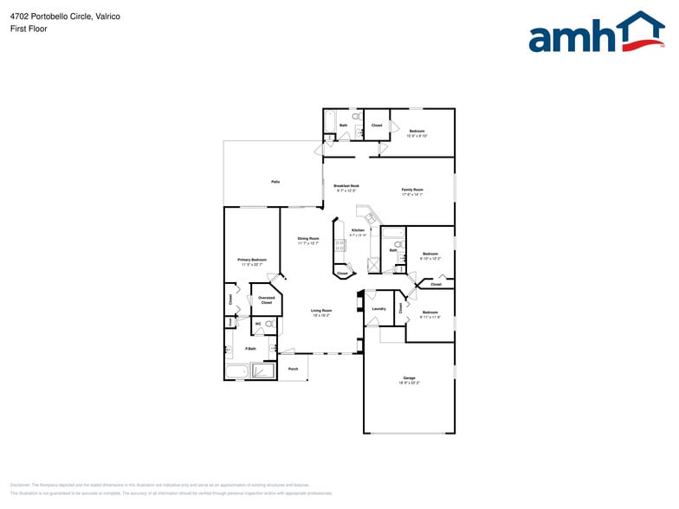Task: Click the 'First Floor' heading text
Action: [29, 29]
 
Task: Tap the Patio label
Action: [275, 182]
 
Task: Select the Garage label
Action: [409, 378]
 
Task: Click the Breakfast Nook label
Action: [346, 187]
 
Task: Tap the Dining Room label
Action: [308, 240]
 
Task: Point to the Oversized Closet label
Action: [266, 300]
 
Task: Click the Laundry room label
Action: [378, 309]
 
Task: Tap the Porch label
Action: [293, 369]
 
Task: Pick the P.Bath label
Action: [250, 349]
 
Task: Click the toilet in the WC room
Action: [269, 324]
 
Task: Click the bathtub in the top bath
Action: [329, 124]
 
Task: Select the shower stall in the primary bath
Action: [262, 372]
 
